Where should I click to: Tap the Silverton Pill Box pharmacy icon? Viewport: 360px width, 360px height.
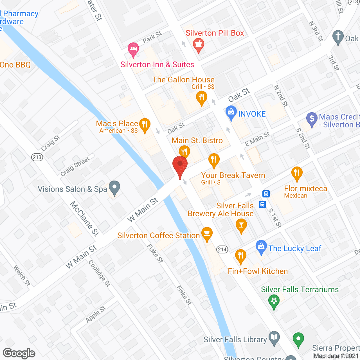click(x=199, y=45)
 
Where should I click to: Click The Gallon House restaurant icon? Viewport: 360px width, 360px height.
click(x=201, y=98)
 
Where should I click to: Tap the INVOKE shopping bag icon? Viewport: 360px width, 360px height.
click(x=231, y=112)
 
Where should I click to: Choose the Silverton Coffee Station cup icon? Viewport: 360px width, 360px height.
click(x=207, y=233)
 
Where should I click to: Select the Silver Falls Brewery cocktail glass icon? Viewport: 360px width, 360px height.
click(x=241, y=225)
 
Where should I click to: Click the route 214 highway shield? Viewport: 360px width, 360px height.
click(x=222, y=249)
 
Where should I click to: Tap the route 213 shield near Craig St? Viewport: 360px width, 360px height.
click(x=37, y=157)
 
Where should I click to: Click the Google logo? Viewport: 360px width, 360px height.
click(x=19, y=353)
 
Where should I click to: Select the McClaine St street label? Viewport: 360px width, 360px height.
click(x=84, y=218)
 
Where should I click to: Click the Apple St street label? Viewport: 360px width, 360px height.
click(x=96, y=314)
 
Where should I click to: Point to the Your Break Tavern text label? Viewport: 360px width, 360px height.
click(x=233, y=175)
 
